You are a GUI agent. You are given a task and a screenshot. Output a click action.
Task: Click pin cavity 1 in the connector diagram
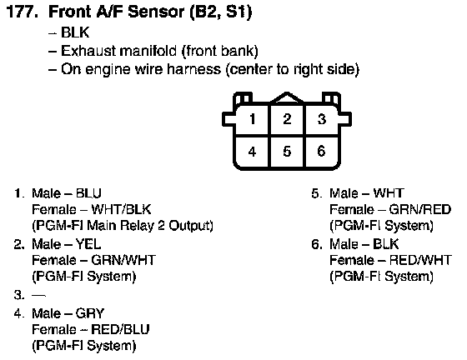253,120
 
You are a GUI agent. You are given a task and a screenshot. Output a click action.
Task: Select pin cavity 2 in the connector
287,120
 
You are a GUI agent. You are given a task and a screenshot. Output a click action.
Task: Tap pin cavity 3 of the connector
321,120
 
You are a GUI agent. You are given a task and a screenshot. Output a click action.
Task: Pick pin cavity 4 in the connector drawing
253,152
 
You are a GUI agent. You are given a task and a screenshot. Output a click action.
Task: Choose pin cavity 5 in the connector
287,152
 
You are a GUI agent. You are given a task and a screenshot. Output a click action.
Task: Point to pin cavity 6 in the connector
321,152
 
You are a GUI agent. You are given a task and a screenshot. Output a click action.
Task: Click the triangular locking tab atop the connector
287,98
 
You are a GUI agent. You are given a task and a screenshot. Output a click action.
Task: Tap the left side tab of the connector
228,119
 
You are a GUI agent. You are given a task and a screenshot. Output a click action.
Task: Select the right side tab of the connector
345,119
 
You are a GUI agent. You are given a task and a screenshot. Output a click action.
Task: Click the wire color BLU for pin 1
88,193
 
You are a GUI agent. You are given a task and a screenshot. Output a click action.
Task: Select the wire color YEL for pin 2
88,244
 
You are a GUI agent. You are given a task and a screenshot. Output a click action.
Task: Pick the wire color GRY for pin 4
90,313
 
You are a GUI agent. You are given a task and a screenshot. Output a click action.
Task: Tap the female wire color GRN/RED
420,210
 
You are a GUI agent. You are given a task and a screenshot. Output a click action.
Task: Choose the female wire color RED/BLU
120,329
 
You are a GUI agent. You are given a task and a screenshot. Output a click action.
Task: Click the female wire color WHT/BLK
121,209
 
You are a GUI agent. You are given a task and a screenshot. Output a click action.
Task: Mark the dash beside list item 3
38,296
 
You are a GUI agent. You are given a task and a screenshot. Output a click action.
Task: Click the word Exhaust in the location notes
88,51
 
